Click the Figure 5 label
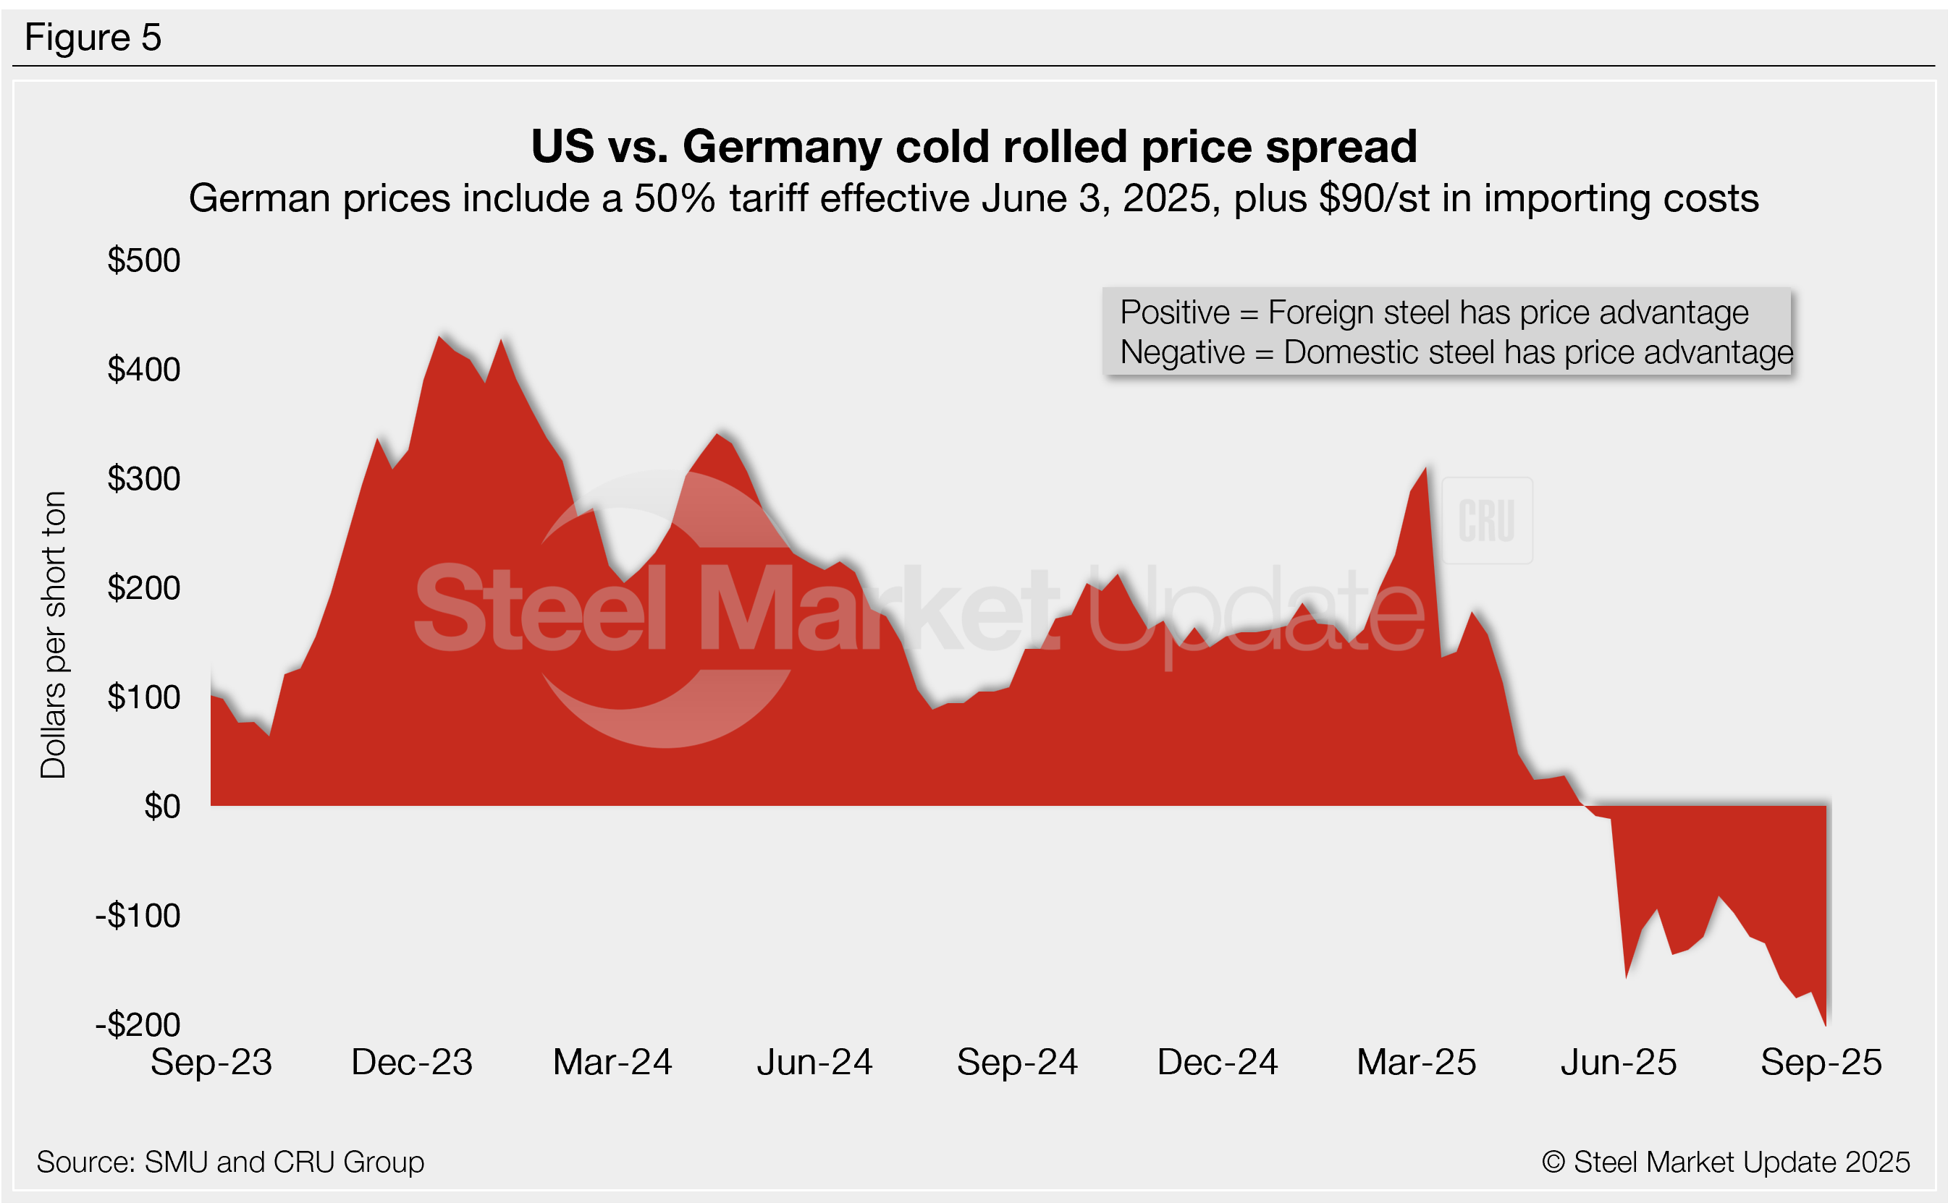[93, 38]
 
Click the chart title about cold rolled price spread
[974, 146]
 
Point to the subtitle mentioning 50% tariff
[974, 198]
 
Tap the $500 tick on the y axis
[144, 260]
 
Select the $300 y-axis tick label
[144, 479]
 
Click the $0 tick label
[161, 807]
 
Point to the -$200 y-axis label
[138, 1025]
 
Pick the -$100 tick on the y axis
[138, 916]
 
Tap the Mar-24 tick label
[612, 1062]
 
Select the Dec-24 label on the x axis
[1217, 1062]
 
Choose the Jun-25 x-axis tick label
[1619, 1062]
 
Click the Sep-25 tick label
[1821, 1062]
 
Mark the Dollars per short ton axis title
[54, 634]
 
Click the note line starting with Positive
[1434, 313]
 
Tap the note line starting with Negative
[1456, 352]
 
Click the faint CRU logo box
[1486, 520]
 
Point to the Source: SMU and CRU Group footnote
[230, 1162]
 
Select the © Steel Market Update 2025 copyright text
[1725, 1162]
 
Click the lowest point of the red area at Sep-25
[1826, 1024]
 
